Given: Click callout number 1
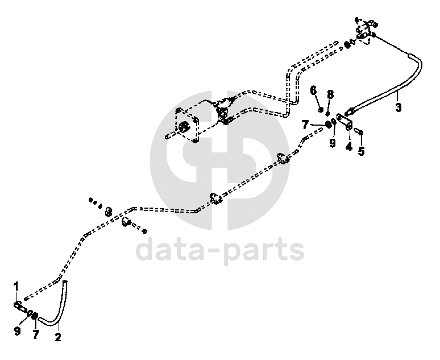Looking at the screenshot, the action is coord(16,285).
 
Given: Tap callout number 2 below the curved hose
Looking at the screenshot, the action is coord(58,337).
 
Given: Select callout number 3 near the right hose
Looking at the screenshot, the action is coord(398,106).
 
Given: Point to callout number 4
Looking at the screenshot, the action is coord(349,146).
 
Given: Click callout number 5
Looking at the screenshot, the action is coord(361,151).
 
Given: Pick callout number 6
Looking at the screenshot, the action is coord(313,90).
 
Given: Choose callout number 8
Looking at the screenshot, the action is coord(330,94).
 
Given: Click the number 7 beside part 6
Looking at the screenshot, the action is coord(305,123).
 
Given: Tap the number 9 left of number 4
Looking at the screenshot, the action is coord(333,143).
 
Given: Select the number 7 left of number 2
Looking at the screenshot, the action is coord(36,334).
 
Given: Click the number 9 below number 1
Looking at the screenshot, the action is coord(17,332).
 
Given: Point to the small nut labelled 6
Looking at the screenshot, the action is coord(321,109).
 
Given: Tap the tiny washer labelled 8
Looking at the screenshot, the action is coord(328,113).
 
